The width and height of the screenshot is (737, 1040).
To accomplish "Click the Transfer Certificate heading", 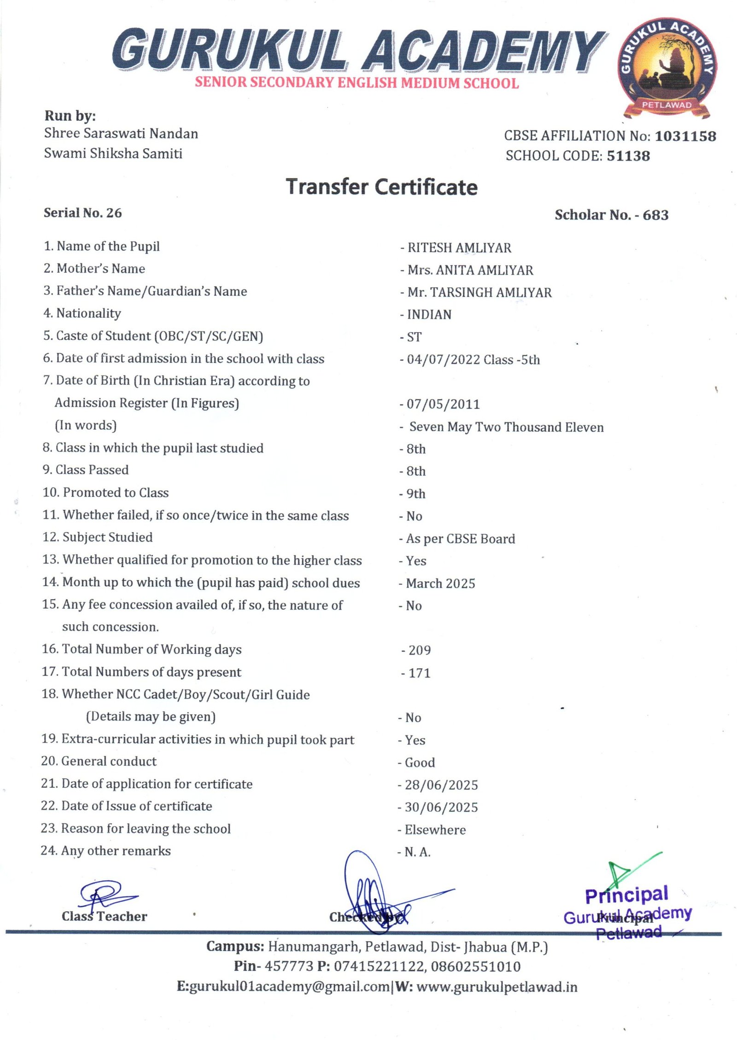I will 381,187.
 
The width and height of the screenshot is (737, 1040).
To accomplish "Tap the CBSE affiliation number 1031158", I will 685,136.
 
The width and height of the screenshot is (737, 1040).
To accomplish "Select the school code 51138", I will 628,156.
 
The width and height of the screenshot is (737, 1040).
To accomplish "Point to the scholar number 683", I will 655,215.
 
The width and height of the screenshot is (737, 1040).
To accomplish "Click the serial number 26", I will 114,213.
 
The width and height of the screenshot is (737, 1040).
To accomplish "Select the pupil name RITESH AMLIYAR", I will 459,248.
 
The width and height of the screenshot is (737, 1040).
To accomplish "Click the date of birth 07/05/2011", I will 443,404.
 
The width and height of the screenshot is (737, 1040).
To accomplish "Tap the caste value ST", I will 414,337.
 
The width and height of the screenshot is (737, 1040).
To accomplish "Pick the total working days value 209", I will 420,650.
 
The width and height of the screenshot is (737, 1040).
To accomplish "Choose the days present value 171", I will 419,673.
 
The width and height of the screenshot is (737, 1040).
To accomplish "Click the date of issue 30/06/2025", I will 441,807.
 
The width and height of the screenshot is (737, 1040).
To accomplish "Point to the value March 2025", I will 440,584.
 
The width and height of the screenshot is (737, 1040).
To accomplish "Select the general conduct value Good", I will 420,763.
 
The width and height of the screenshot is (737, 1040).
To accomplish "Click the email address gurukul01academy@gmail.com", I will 289,987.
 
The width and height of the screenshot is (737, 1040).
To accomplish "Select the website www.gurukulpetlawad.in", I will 497,987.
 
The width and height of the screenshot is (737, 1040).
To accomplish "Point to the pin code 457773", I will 289,966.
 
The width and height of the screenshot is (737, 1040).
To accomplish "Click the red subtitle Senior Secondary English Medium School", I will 357,83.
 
